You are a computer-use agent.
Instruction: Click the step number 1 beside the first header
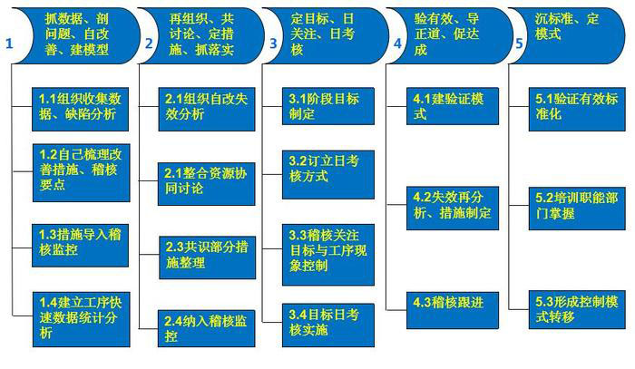click(8, 42)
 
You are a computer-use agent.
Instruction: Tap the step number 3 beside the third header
click(273, 42)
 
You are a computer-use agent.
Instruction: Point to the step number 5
click(519, 42)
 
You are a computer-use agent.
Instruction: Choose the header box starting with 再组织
click(204, 34)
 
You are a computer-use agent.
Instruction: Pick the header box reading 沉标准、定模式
click(571, 34)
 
